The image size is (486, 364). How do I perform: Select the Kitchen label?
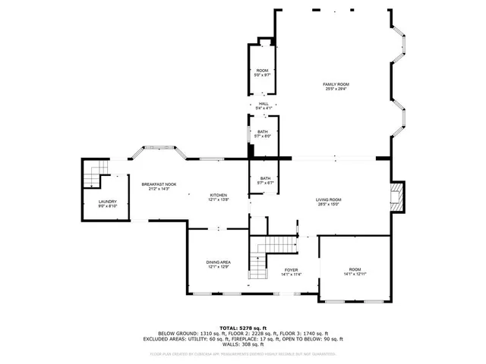[219, 195]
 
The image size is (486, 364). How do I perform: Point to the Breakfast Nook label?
[159, 184]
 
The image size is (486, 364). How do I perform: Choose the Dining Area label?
[219, 262]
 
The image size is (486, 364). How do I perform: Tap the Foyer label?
[291, 269]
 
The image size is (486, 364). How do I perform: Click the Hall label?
[264, 104]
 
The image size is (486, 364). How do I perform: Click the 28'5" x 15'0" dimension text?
[329, 204]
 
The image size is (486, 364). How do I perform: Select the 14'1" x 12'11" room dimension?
[355, 275]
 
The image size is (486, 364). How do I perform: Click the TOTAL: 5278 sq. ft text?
[243, 327]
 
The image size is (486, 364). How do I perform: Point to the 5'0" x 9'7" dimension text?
[262, 75]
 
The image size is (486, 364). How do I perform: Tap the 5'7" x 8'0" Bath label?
[263, 134]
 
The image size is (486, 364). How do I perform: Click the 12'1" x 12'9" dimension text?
[219, 267]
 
